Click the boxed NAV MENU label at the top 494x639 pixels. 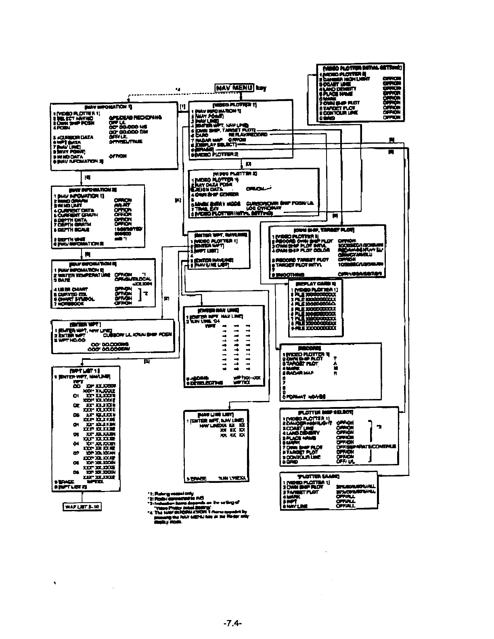pos(234,88)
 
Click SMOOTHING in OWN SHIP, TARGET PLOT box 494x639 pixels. pos(289,275)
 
